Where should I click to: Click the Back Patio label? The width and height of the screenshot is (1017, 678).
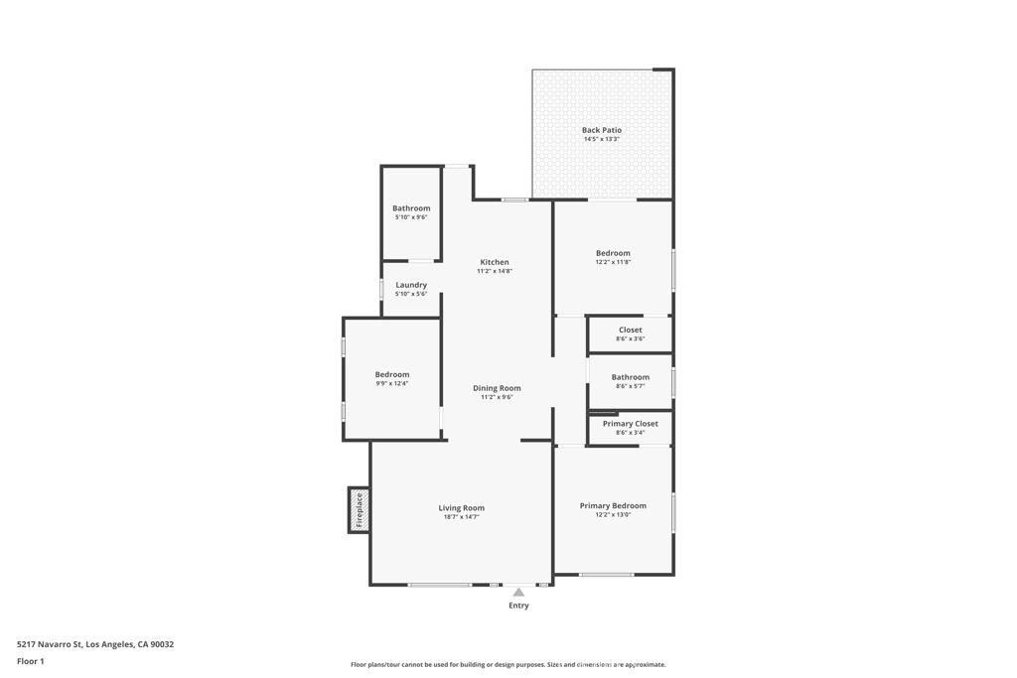(601, 130)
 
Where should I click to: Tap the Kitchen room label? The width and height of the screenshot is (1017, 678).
(494, 262)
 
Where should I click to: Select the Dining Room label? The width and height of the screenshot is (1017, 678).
(496, 388)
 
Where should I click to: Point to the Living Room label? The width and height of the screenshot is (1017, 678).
(461, 508)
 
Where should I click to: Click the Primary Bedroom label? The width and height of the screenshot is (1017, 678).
(613, 505)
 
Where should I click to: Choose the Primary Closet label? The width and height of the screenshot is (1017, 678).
(630, 424)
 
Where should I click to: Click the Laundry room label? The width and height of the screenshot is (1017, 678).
(411, 285)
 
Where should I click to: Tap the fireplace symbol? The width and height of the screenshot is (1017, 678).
(359, 510)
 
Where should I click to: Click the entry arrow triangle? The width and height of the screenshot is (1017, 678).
(518, 593)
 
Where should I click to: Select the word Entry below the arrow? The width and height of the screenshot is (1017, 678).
(518, 606)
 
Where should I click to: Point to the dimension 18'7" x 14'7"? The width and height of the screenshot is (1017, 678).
(461, 517)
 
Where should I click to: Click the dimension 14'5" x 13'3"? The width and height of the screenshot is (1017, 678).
(601, 139)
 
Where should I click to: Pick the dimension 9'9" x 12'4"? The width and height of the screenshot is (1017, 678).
(391, 383)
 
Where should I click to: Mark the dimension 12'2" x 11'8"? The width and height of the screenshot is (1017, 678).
(613, 262)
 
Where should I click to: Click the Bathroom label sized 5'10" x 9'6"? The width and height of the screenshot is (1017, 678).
(411, 208)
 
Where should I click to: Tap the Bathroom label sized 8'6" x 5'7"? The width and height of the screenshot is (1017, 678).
(630, 377)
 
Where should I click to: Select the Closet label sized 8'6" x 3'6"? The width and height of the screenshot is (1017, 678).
(630, 330)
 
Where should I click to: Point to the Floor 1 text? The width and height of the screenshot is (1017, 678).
(31, 661)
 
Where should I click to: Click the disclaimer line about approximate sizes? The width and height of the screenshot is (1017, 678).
(508, 665)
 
